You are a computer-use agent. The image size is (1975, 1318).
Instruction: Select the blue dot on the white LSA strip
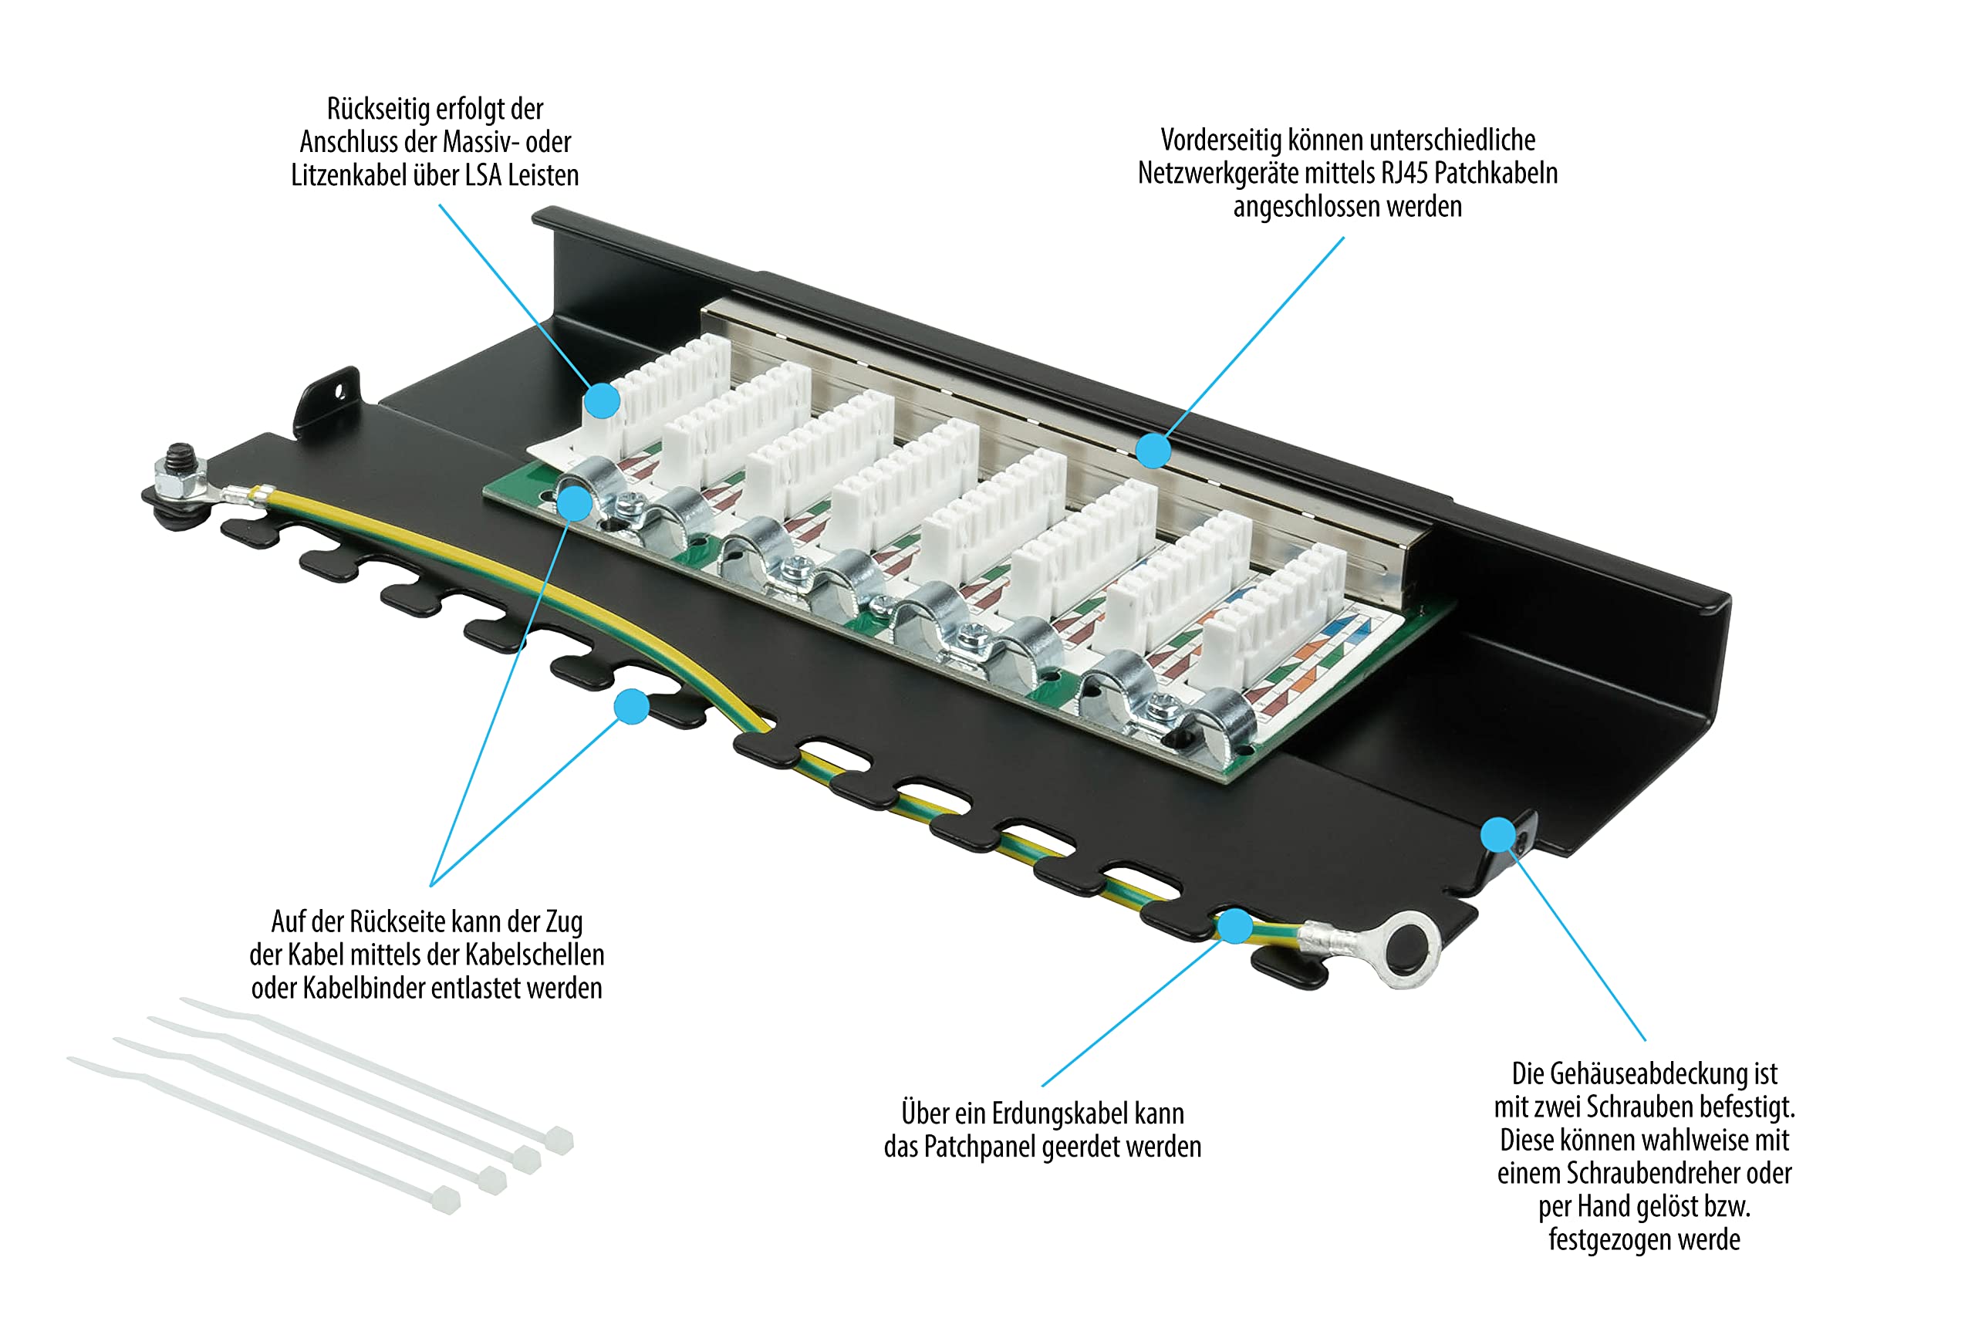pos(602,401)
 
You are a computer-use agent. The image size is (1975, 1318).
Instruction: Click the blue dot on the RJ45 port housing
pos(1154,451)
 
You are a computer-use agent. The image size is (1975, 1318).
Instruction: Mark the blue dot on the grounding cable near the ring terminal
pos(1234,925)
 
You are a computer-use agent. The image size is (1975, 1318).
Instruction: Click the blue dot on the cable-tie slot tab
pos(631,706)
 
